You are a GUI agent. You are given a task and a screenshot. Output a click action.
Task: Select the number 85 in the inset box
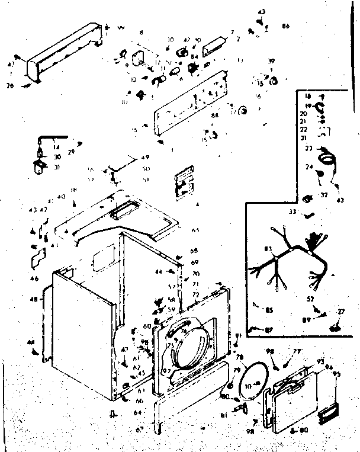point(269,309)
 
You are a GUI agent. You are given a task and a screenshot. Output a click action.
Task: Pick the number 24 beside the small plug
point(308,168)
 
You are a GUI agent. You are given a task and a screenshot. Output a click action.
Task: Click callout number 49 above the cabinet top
point(145,158)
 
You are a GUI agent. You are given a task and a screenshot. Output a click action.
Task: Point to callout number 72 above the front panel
point(195,294)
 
